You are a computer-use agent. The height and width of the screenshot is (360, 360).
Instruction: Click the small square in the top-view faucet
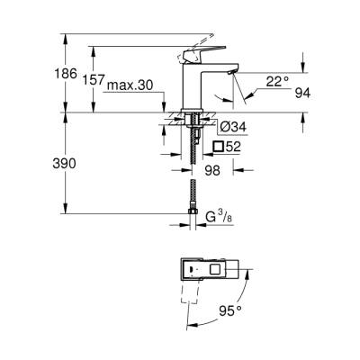215,267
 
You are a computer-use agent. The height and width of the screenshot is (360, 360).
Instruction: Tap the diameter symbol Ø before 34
216,124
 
